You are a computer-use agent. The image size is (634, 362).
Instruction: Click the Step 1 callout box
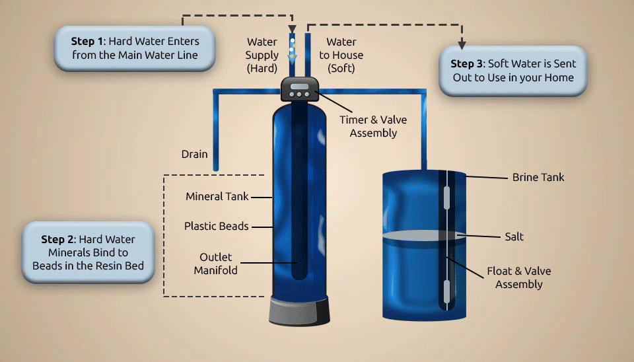135,48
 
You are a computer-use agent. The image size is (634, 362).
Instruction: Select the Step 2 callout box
88,252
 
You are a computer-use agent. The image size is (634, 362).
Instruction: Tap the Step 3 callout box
513,71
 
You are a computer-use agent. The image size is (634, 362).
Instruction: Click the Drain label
194,154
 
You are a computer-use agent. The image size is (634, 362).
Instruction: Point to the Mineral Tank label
217,197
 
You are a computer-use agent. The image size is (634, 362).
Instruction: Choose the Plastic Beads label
217,226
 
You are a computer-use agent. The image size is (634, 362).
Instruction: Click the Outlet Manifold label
215,264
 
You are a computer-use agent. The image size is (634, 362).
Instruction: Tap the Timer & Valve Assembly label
373,126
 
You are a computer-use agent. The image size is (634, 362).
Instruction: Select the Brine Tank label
538,177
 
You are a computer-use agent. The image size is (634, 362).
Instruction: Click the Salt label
514,236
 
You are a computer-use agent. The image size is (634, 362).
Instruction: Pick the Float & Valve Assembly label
519,277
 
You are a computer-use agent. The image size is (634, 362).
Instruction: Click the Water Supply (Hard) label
262,55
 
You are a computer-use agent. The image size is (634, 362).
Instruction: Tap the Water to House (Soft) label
341,55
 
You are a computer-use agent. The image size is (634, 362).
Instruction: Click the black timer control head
300,89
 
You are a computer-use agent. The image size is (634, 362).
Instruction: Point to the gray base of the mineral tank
299,310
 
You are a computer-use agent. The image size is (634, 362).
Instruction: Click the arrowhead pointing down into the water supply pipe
293,29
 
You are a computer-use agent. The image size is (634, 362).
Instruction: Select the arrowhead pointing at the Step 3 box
462,45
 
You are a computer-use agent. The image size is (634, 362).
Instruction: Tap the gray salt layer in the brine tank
424,235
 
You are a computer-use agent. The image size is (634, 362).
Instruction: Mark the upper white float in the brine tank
446,198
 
